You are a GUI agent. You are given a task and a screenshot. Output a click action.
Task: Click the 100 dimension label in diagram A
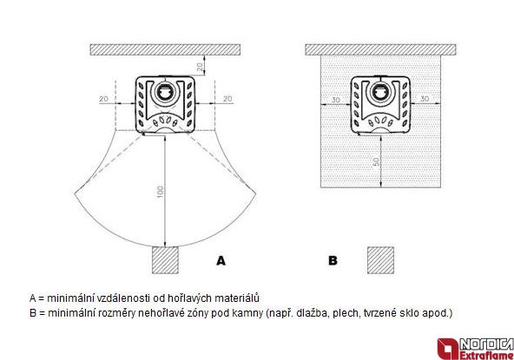tap(160, 192)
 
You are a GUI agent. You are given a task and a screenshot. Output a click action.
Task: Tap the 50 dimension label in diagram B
tap(376, 161)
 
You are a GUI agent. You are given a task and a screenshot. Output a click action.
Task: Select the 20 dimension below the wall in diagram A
tap(200, 67)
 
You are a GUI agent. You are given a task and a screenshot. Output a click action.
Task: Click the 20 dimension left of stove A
tap(104, 99)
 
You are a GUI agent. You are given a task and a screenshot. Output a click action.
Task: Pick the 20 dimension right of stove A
tap(227, 99)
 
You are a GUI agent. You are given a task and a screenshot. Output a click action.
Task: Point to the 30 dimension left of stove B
tap(336, 99)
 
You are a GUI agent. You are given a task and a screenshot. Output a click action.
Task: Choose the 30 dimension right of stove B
tap(425, 99)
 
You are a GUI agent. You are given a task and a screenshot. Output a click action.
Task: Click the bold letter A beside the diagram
tap(221, 261)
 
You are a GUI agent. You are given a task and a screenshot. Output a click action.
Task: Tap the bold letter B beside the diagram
tap(333, 261)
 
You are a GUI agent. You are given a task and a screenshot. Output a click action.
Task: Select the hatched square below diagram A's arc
tap(165, 260)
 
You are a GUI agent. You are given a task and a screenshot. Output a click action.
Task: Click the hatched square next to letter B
tap(380, 260)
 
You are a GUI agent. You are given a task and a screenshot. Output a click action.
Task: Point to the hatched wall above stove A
tap(165, 49)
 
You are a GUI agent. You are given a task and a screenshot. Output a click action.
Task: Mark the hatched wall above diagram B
tap(380, 49)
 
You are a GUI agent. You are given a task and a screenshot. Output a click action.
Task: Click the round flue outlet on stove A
tap(165, 91)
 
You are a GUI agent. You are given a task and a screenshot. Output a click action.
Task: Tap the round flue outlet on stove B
tap(380, 91)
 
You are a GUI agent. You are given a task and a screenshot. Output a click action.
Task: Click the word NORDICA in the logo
tap(486, 344)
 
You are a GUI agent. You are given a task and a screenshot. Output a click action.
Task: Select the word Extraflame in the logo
tap(486, 355)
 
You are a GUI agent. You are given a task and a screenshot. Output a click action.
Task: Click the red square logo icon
tap(448, 349)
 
